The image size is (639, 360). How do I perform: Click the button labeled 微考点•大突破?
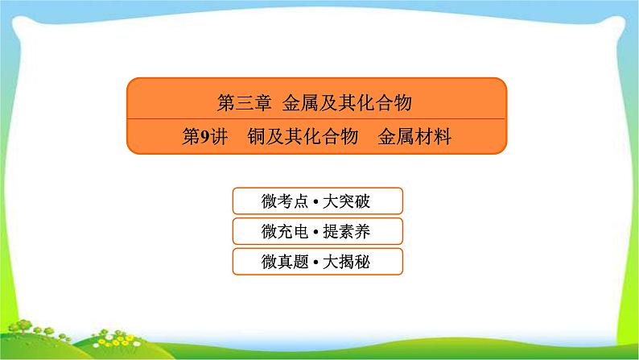(316, 201)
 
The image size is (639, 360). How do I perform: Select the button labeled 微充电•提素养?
(316, 231)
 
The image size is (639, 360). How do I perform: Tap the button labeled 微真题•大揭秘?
(316, 261)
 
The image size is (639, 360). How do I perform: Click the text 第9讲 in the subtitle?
(200, 137)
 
